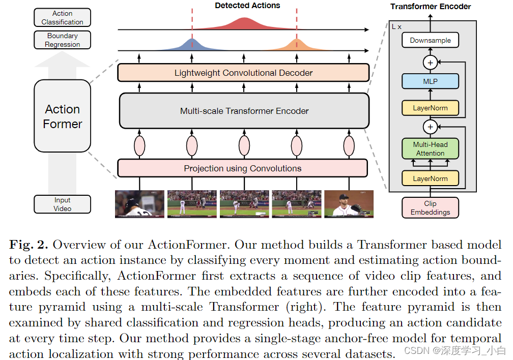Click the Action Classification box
point(62,18)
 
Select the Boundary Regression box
point(62,40)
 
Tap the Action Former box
point(62,116)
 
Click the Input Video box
point(62,204)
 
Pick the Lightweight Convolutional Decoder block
point(243,73)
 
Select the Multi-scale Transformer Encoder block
point(244,111)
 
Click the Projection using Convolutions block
point(242,168)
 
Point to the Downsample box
point(430,41)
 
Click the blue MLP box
point(430,81)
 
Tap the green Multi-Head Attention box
point(430,149)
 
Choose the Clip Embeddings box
point(430,208)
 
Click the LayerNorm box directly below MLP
point(430,108)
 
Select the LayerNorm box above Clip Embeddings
point(430,178)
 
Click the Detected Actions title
point(247,6)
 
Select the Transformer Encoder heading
point(431,7)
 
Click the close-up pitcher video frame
point(349,204)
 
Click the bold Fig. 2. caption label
point(28,244)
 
